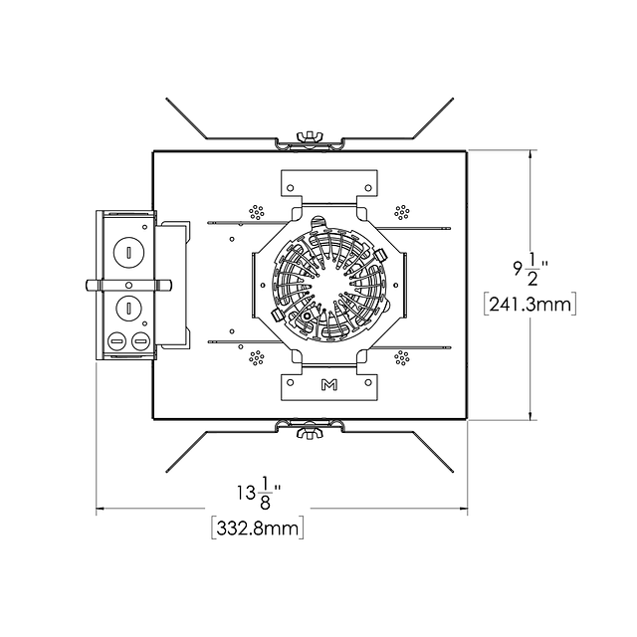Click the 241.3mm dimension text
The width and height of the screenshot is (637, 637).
(531, 304)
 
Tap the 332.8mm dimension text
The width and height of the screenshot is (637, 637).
(258, 529)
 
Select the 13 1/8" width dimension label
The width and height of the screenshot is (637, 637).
(259, 494)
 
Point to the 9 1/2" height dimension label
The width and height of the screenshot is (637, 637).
(531, 270)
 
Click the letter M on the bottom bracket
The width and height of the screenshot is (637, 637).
(329, 384)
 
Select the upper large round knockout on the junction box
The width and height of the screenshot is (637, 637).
(128, 253)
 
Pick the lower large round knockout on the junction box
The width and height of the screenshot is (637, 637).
(128, 309)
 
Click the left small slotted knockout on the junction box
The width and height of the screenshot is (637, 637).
(117, 341)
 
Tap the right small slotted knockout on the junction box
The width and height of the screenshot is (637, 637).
(141, 341)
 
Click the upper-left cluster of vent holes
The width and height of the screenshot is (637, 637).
(257, 212)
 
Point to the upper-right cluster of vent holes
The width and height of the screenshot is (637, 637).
(402, 212)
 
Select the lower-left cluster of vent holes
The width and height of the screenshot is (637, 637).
(257, 358)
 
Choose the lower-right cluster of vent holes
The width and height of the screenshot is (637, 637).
(402, 358)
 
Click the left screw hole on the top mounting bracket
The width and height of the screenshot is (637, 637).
(290, 188)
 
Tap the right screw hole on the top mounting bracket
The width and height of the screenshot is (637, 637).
(368, 188)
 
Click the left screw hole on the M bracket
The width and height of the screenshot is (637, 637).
(290, 382)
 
